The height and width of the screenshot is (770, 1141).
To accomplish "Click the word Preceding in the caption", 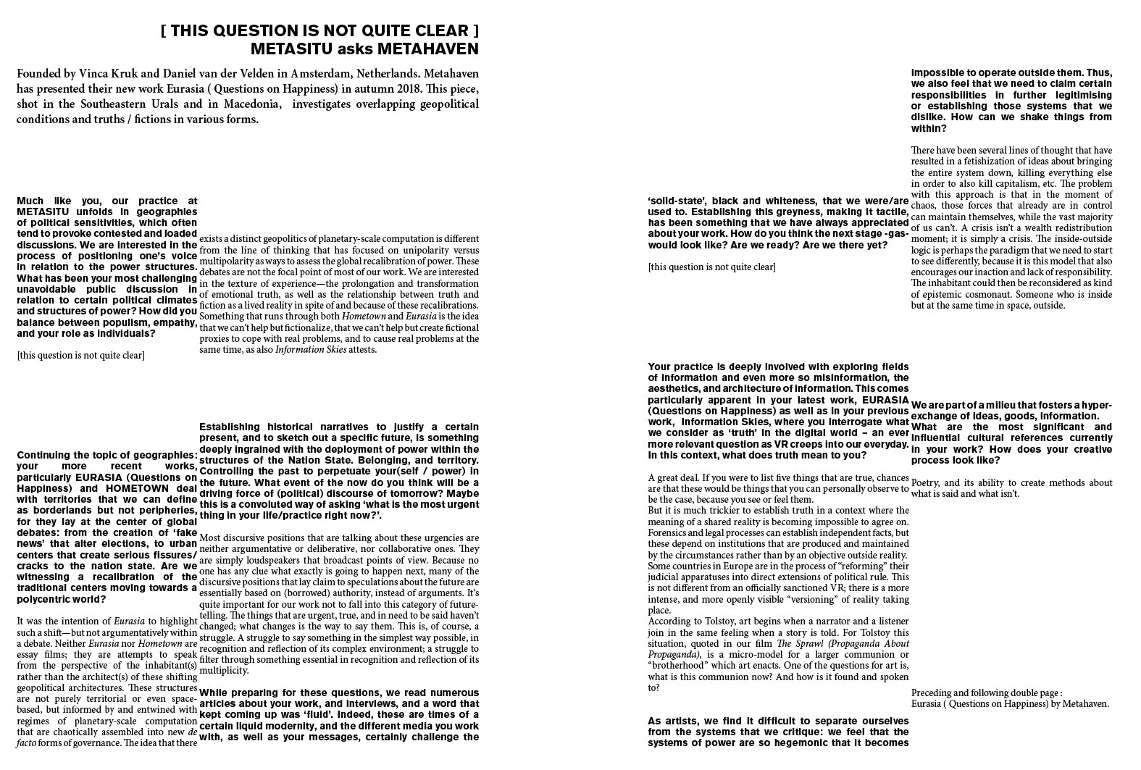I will pos(932,693).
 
